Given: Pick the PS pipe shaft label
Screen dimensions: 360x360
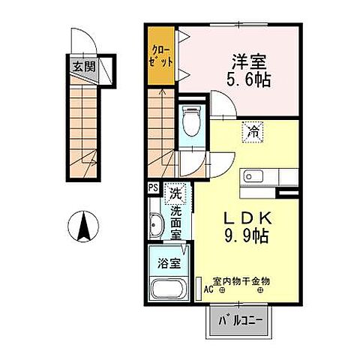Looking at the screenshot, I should pos(153,188).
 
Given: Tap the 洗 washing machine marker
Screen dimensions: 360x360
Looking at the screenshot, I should pos(175,193).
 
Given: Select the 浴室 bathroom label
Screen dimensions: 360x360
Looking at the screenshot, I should pos(168,263).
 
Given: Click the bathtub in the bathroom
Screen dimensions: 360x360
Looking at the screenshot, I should pos(168,288).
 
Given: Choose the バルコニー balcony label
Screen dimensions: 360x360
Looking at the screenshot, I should pos(241,322).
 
